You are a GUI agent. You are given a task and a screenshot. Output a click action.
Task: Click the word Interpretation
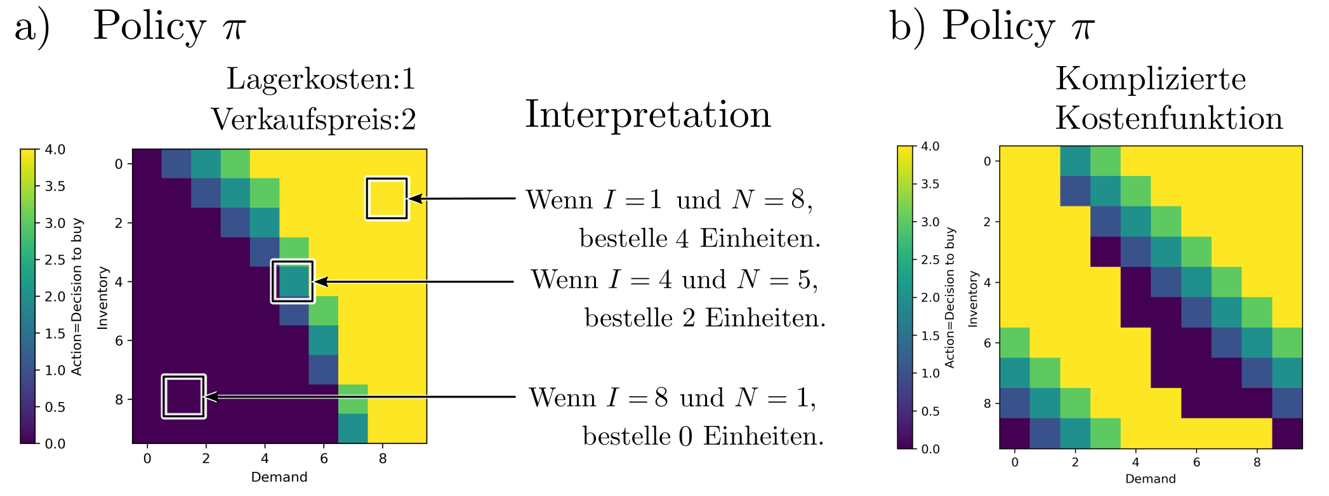[648, 115]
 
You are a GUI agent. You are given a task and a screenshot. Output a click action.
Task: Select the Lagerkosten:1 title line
[321, 79]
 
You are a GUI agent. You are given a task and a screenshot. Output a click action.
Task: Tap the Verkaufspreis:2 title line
[314, 119]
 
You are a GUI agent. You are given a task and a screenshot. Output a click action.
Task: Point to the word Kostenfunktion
[1169, 118]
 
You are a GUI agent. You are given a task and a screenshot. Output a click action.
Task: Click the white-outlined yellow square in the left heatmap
[387, 199]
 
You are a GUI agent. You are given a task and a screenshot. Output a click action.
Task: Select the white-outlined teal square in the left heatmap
[293, 281]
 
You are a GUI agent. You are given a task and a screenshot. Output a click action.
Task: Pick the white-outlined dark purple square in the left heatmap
[184, 396]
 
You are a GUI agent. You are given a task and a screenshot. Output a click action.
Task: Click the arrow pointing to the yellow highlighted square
[462, 199]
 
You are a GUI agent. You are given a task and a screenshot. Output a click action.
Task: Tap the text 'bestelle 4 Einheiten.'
[700, 239]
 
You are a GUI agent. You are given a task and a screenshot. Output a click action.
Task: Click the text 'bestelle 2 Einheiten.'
[705, 318]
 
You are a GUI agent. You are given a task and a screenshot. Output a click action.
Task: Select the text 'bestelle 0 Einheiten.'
[703, 436]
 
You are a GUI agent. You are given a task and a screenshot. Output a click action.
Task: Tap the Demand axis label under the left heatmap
[279, 477]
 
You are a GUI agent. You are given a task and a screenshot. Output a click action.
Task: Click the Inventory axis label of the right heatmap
[972, 299]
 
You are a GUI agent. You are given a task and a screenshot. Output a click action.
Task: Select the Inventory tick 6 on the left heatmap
[119, 340]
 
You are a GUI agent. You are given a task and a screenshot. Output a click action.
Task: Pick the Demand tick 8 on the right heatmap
[1257, 462]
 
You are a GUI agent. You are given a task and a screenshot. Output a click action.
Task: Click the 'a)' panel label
[32, 28]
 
